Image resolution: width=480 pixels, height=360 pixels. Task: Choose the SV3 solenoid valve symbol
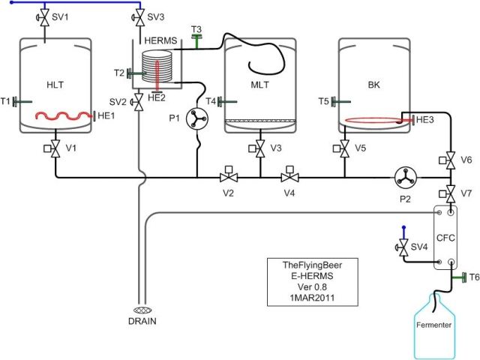(x=139, y=16)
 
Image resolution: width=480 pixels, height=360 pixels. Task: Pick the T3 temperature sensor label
(x=196, y=29)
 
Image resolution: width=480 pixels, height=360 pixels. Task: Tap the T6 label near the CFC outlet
(x=473, y=277)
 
